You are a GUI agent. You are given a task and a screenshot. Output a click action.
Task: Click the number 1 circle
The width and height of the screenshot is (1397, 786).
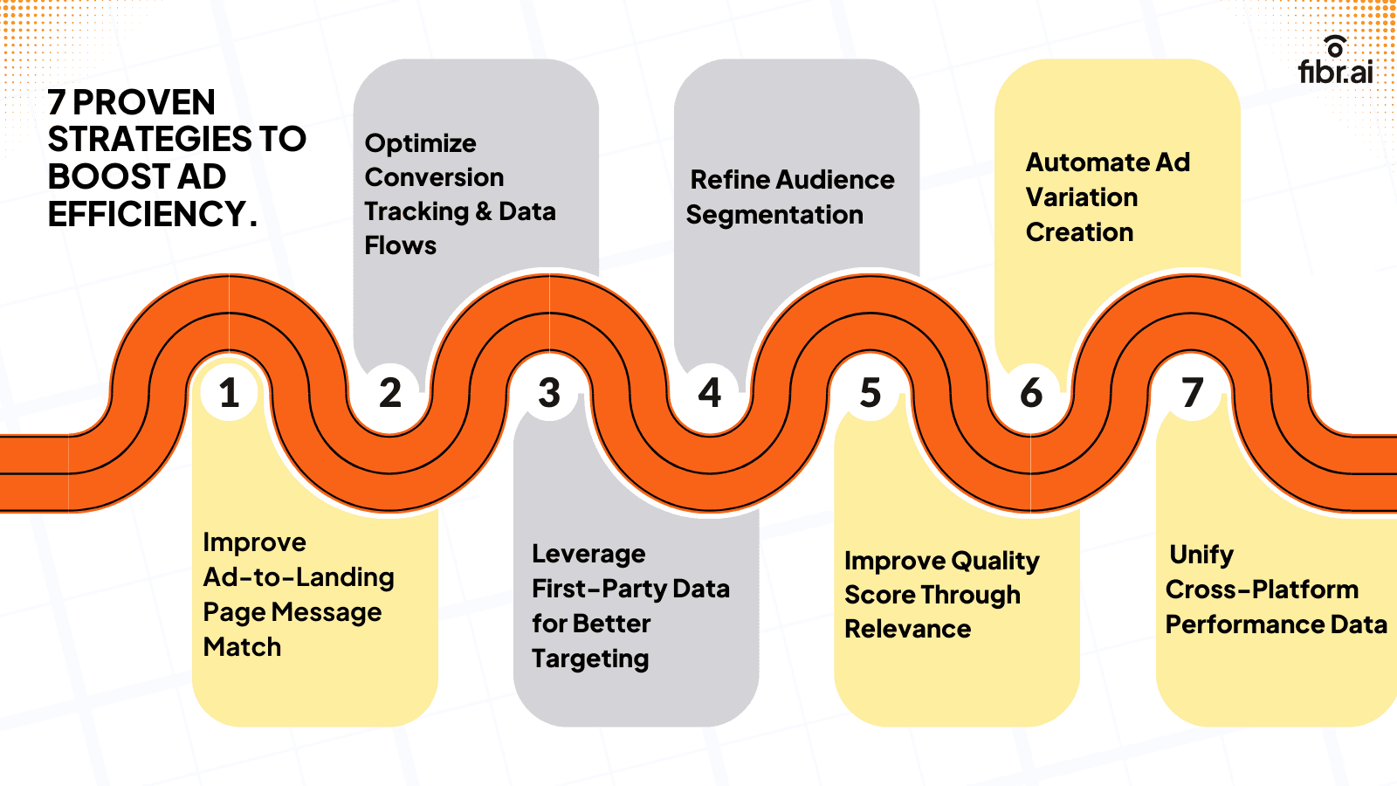click(229, 392)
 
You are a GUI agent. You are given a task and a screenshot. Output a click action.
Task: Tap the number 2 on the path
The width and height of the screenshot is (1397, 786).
click(389, 392)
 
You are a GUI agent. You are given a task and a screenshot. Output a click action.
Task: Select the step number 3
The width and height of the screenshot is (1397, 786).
click(549, 392)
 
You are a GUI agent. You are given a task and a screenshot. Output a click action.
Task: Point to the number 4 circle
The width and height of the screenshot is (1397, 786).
click(710, 392)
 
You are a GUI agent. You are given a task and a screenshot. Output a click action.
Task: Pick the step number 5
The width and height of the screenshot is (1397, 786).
click(871, 392)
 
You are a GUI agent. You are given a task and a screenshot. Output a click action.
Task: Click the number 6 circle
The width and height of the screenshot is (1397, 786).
click(1031, 392)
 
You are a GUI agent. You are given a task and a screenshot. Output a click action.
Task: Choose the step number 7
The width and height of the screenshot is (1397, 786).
click(1192, 392)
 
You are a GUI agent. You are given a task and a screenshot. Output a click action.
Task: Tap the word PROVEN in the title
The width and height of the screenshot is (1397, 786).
click(144, 103)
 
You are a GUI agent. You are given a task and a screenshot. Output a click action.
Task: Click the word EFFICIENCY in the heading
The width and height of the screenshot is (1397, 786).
click(147, 214)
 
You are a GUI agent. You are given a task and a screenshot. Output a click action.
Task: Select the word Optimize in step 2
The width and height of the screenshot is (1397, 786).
click(420, 144)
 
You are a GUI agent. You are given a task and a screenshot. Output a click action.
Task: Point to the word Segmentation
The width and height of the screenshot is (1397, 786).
click(774, 215)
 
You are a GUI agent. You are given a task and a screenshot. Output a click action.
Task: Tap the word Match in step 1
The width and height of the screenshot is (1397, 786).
click(242, 647)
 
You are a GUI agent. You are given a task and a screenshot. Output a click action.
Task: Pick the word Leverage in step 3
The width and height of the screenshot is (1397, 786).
click(588, 555)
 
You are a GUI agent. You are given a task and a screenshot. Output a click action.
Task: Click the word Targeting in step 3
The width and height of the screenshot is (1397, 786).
click(589, 659)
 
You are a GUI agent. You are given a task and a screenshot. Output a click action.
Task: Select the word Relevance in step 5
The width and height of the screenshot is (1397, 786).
click(907, 629)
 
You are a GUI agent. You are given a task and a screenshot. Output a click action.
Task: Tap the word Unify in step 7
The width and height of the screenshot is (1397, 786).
click(1201, 555)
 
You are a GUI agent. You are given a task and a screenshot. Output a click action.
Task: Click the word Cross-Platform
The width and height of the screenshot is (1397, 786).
click(1262, 590)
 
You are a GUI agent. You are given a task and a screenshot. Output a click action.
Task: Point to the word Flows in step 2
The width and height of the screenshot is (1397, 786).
click(400, 246)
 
